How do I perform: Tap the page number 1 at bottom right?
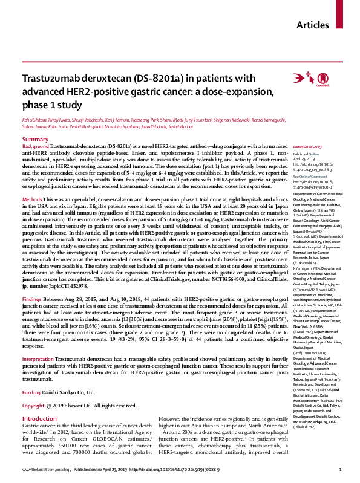point(341,470)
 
